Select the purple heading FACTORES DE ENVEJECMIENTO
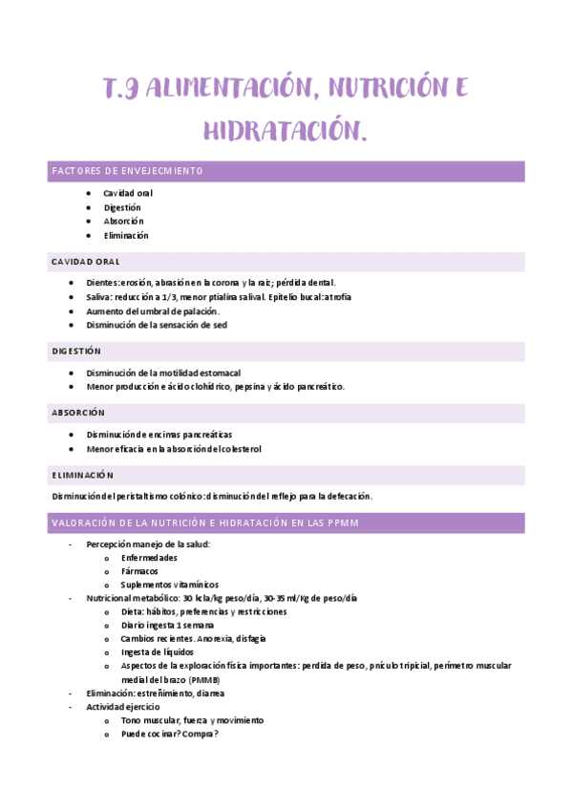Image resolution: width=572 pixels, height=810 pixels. [x=127, y=171]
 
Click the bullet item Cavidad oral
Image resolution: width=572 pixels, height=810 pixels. [x=128, y=193]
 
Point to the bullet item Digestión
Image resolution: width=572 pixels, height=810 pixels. [x=122, y=207]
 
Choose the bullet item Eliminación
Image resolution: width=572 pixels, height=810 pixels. [x=126, y=235]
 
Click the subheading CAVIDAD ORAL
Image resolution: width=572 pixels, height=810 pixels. [x=86, y=262]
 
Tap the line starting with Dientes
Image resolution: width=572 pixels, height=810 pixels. [x=211, y=283]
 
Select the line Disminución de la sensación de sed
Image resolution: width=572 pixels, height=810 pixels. [x=157, y=325]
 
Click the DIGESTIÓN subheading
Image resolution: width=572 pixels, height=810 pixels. [x=76, y=352]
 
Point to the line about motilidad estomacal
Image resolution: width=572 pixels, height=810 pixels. [x=163, y=373]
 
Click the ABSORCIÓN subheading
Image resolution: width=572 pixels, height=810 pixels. [x=78, y=413]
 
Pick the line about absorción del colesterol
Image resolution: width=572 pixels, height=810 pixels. [x=174, y=448]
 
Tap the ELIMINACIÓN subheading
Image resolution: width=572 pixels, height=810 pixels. [x=82, y=475]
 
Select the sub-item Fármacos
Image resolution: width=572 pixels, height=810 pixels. [x=139, y=571]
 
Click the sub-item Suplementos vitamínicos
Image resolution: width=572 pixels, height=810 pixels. [x=169, y=585]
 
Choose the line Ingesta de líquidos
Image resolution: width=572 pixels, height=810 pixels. [x=158, y=651]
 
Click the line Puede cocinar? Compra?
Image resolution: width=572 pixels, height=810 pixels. [x=169, y=734]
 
